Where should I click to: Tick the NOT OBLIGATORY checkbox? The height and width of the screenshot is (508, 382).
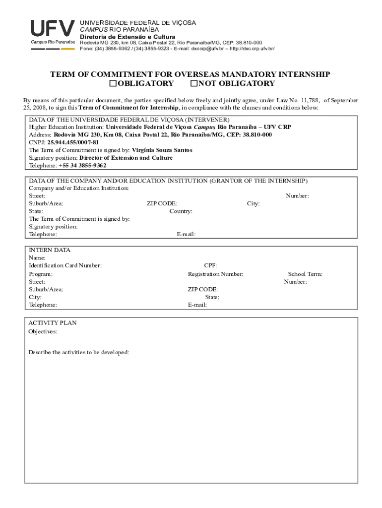(x=194, y=83)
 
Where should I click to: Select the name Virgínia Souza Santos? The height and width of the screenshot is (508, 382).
(x=162, y=150)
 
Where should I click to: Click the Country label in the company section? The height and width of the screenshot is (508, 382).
(x=181, y=211)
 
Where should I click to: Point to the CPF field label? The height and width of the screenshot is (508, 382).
(x=210, y=266)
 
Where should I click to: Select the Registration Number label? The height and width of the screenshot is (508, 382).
(x=215, y=274)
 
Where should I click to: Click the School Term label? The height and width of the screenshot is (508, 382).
(x=305, y=274)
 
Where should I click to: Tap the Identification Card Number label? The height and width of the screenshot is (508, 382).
(x=65, y=266)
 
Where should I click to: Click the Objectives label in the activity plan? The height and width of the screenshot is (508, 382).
(x=43, y=331)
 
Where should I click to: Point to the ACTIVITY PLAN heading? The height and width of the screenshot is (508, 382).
(x=52, y=323)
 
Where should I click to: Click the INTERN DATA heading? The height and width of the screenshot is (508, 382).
(x=49, y=250)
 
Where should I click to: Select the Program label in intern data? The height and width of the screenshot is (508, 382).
(x=41, y=274)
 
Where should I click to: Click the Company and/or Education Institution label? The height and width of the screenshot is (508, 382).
(x=79, y=189)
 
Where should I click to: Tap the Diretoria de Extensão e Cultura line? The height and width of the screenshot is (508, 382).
(x=127, y=37)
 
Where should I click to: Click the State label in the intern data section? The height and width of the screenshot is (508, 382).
(x=212, y=297)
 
